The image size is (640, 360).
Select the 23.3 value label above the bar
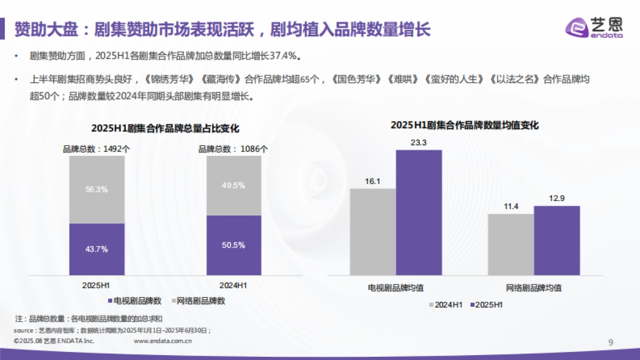(419, 142)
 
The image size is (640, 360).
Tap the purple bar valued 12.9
(556, 240)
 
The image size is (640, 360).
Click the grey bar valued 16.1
(373, 231)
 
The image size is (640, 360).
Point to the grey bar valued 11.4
(510, 244)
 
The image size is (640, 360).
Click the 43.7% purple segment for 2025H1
(97, 249)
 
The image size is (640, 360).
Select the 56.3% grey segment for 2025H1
(97, 189)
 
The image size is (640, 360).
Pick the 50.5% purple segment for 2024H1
(234, 245)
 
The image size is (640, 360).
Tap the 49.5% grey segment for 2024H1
(234, 186)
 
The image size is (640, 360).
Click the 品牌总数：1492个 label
(97, 149)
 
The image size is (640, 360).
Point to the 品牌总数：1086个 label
(234, 149)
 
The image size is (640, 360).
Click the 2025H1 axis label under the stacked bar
(97, 285)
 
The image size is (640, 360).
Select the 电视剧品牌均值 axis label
(396, 288)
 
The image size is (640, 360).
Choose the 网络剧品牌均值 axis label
(534, 288)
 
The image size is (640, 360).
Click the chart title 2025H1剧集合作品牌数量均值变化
(465, 125)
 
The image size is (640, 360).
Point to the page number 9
(611, 342)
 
